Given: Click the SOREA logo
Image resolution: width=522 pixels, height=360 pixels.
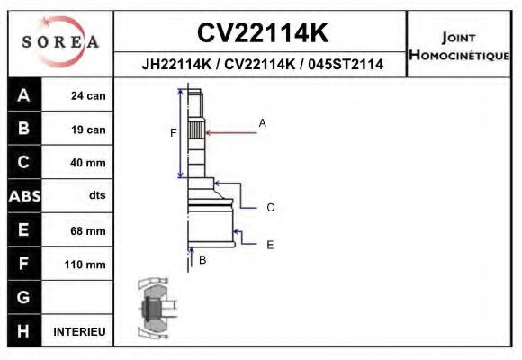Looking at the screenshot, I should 60,42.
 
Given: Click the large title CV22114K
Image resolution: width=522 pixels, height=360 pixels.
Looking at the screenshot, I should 262,33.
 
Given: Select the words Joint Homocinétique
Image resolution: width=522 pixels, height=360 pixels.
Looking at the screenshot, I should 459,46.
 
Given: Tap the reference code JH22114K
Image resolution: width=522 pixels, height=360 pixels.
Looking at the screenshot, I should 175,65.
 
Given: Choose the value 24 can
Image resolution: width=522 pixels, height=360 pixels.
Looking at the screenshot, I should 88,96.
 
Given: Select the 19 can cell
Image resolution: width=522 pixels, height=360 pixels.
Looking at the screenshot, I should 88,130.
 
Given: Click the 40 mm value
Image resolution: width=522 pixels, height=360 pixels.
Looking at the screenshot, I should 88,163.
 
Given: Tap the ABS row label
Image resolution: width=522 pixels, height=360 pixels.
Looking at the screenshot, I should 23,196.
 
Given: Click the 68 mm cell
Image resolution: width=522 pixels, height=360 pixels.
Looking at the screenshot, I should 88,230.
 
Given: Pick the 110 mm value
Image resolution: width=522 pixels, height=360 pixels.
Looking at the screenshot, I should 85,264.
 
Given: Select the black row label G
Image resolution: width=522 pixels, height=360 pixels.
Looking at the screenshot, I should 23,297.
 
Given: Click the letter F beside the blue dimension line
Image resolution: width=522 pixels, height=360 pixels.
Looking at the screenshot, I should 174,133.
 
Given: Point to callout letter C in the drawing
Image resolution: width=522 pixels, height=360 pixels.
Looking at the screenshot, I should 269,208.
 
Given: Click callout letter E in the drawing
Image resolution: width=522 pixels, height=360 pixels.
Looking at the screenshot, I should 269,244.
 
